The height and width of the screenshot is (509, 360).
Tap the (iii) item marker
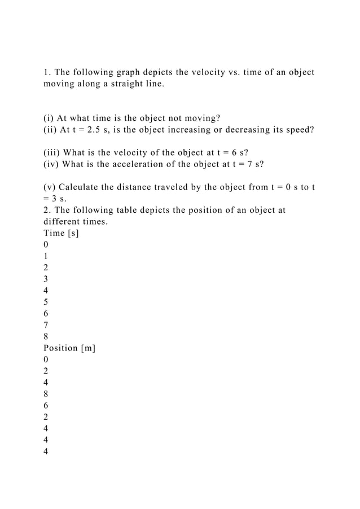coord(52,152)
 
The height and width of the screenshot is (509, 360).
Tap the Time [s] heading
coord(61,232)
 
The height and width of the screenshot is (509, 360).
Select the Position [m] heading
coord(69,348)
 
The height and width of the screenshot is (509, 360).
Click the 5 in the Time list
coord(46,301)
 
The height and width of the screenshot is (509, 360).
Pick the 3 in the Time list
coord(46,278)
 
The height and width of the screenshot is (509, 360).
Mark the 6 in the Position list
coord(46,405)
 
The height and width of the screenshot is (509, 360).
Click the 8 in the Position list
coord(46,393)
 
